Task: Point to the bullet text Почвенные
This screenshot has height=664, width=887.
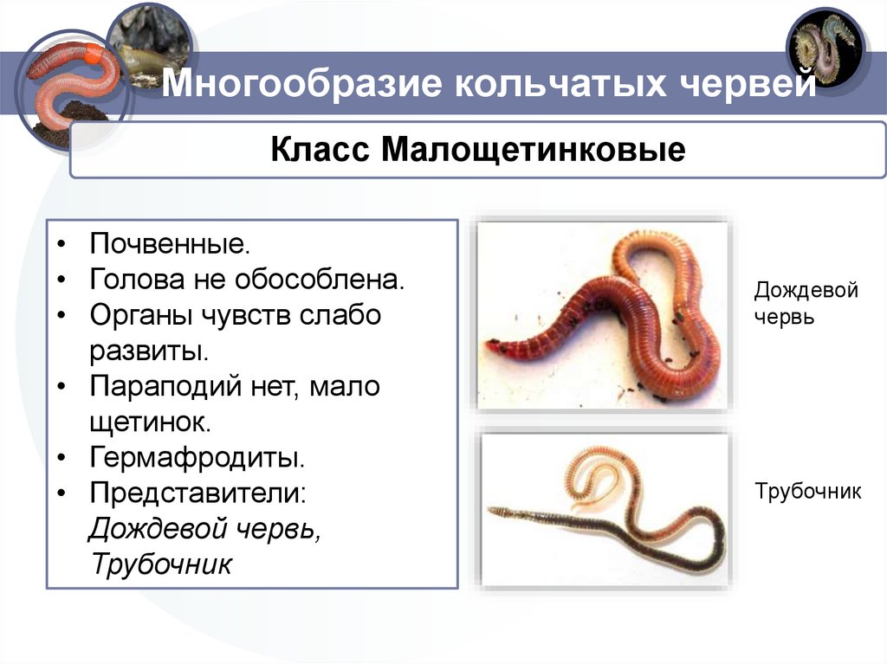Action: (x=170, y=243)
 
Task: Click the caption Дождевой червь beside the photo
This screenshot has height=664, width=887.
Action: (x=806, y=302)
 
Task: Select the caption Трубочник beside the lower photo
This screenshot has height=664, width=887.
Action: (x=807, y=493)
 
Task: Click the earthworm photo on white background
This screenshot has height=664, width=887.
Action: (x=602, y=314)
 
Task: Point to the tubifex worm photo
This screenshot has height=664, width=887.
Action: (x=603, y=511)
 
